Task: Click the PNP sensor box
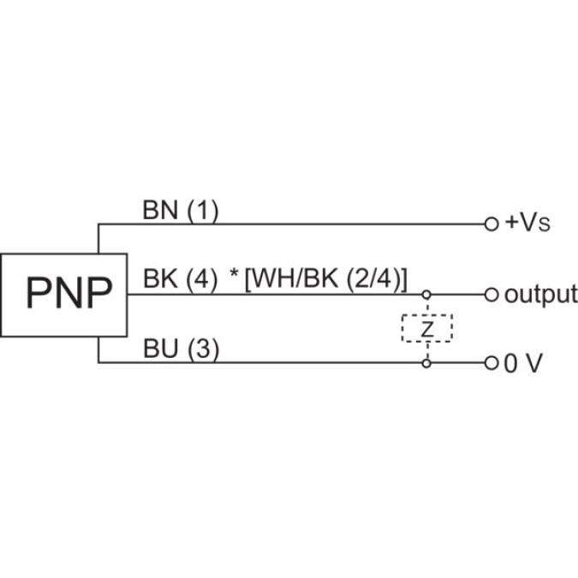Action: (x=63, y=294)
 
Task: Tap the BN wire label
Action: (x=158, y=211)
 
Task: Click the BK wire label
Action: (x=158, y=280)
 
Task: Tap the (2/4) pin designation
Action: (x=373, y=280)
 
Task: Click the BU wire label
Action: (x=158, y=349)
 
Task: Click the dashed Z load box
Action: (x=426, y=328)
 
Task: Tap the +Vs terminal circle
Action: (x=491, y=224)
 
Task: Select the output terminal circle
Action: (x=491, y=295)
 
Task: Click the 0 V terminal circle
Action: (x=491, y=363)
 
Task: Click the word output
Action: (x=539, y=295)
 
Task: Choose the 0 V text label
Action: (x=522, y=363)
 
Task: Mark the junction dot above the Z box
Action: (x=426, y=295)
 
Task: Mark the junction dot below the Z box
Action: (x=426, y=363)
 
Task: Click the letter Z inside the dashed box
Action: (x=426, y=328)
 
